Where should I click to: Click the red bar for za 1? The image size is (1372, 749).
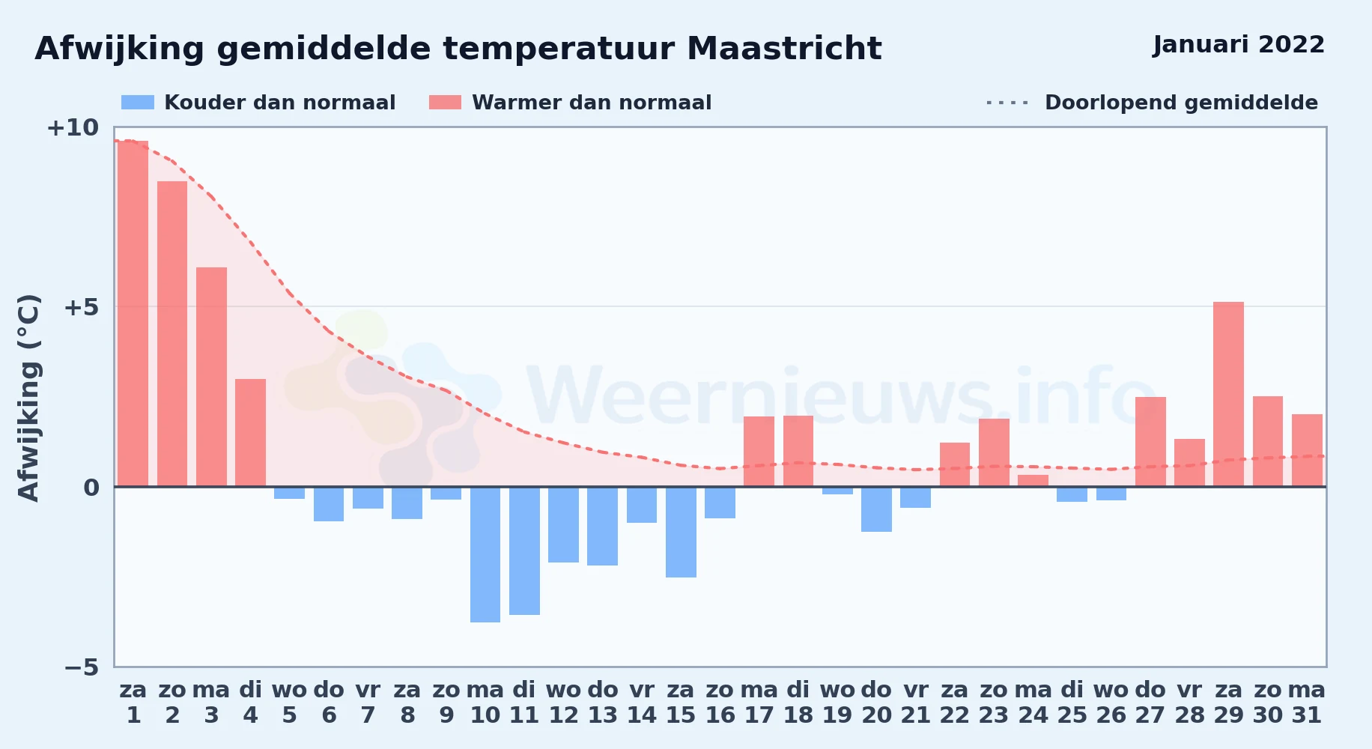[x=133, y=314]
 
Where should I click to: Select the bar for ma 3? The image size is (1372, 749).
[x=211, y=377]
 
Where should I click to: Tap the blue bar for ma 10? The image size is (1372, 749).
[x=485, y=554]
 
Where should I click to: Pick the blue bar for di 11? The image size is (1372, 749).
[x=524, y=551]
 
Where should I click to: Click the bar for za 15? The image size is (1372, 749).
[x=681, y=532]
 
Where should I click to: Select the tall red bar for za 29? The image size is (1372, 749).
[x=1228, y=394]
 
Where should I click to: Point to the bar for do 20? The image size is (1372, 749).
[x=876, y=509]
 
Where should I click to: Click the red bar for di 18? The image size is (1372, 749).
[x=798, y=451]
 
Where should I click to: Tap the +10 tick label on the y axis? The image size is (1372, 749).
[x=73, y=128]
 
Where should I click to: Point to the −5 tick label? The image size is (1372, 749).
[x=81, y=667]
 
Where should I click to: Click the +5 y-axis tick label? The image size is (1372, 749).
[x=81, y=307]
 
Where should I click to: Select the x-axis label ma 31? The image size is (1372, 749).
[x=1307, y=703]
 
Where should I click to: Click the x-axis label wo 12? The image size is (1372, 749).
[x=563, y=703]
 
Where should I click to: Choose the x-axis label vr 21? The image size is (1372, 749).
[x=915, y=703]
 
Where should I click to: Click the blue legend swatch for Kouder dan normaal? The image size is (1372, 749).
[x=138, y=103]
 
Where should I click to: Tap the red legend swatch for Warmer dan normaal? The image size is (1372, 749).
[x=446, y=103]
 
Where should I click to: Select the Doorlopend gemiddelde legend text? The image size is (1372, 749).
[x=1181, y=103]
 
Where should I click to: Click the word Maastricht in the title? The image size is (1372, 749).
[x=784, y=49]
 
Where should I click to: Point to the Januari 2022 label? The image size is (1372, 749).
[x=1239, y=45]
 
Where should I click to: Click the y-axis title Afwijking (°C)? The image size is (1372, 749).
[x=28, y=398]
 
